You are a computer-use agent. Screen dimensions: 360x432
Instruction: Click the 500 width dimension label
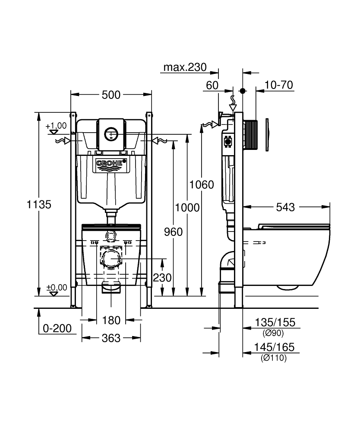pos(111,95)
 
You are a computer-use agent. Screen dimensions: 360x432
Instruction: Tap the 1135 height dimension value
pos(39,204)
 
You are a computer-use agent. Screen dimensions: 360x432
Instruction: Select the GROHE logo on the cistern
pos(111,163)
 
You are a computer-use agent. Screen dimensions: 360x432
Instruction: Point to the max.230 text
pos(185,67)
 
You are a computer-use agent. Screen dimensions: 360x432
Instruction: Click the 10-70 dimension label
pos(279,85)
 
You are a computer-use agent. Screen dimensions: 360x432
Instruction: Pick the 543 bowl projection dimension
pos(285,207)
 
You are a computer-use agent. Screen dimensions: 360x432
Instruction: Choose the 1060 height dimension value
pos(202,184)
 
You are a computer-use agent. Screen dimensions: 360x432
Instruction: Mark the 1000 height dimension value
pos(187,207)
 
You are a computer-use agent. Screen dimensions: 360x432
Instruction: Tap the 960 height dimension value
pos(173,232)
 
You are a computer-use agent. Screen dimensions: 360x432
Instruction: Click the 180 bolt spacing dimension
pos(111,321)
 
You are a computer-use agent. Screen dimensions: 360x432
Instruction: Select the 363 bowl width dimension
pos(111,338)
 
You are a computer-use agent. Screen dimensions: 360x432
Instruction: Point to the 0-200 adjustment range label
pos(57,328)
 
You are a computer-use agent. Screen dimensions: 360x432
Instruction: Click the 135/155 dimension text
pos(275,322)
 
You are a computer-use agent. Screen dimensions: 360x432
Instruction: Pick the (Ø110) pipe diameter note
pos(274,358)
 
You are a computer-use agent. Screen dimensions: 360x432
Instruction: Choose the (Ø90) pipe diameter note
pos(273,333)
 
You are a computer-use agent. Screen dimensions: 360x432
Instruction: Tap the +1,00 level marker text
pos(56,126)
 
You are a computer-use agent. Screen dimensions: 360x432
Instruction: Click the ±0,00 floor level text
pos(57,287)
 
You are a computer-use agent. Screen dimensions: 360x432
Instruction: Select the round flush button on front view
pos(111,134)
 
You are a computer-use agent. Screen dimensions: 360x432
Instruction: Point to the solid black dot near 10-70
pos(243,91)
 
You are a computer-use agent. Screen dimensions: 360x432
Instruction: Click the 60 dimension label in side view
pos(212,86)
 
